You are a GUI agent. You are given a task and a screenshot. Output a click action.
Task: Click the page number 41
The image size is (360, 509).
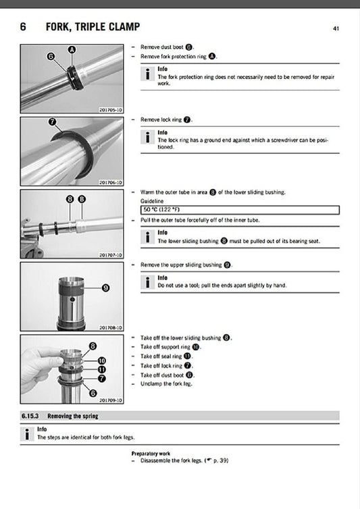click(336, 28)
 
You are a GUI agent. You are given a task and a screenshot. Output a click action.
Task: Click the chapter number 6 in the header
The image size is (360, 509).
click(24, 27)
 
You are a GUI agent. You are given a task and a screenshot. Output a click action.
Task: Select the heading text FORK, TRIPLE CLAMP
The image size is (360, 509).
click(93, 27)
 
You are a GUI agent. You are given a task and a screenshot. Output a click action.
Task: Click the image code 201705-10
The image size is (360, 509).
click(110, 109)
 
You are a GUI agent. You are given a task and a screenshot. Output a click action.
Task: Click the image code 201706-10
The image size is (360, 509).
click(110, 182)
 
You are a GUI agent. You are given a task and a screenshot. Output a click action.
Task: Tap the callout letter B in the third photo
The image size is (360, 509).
click(82, 199)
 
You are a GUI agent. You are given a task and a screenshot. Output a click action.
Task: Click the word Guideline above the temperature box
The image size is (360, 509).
click(152, 201)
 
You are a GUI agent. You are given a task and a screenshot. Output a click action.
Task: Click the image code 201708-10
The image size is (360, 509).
click(110, 327)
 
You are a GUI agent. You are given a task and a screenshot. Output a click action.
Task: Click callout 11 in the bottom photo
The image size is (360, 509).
click(102, 369)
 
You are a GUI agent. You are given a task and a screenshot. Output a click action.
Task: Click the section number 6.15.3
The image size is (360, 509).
click(32, 417)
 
